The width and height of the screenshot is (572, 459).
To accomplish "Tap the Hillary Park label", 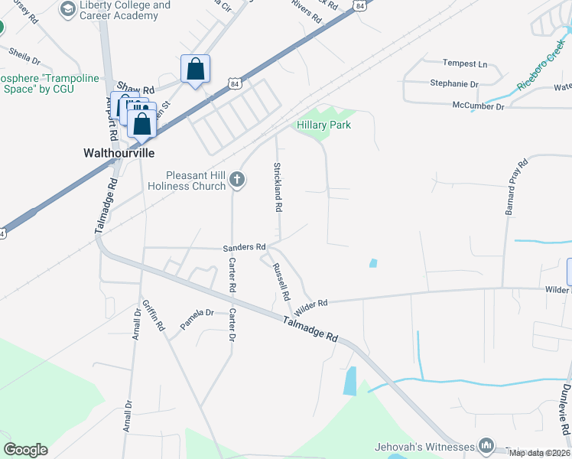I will tap(324, 125).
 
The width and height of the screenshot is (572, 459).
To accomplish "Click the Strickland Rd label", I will tap(278, 187).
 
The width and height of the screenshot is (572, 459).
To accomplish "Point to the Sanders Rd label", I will tap(244, 247).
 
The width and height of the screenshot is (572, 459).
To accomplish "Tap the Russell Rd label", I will tap(281, 282).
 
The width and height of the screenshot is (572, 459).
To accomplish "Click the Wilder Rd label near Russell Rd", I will tap(310, 304).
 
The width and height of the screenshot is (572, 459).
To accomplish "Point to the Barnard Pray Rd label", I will tap(512, 187).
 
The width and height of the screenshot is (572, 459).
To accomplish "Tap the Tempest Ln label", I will tap(465, 63).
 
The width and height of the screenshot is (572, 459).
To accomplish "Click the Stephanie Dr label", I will tap(454, 84).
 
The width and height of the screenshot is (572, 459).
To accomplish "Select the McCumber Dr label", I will tap(478, 106).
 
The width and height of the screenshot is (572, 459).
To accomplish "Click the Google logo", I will tap(25, 450).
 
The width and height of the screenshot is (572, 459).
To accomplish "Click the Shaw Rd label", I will tap(136, 90).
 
